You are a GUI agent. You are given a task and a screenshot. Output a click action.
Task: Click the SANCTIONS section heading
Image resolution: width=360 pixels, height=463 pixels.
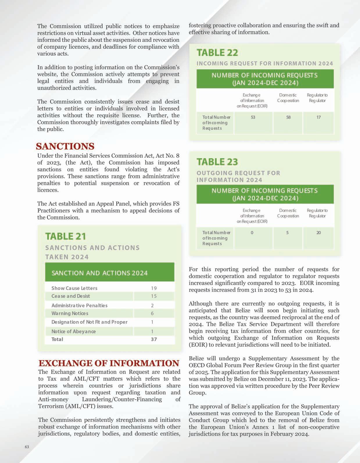pyautogui.click(x=65, y=146)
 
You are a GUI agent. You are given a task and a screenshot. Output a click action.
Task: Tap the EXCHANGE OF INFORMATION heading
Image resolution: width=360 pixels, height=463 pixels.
pyautogui.click(x=109, y=363)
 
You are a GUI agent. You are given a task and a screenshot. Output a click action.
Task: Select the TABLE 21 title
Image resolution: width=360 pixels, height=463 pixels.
pyautogui.click(x=66, y=236)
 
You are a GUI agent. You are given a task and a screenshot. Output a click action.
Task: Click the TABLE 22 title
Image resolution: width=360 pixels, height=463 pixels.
pyautogui.click(x=217, y=53)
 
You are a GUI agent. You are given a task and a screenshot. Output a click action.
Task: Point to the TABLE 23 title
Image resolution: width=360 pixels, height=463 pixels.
pyautogui.click(x=217, y=162)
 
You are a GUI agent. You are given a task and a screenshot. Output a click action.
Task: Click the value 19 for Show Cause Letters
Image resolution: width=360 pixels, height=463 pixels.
pyautogui.click(x=154, y=288)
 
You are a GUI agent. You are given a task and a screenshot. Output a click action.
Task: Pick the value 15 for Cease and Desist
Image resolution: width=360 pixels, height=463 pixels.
pyautogui.click(x=154, y=296)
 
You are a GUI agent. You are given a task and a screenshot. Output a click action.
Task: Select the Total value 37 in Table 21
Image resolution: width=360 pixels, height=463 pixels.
pyautogui.click(x=154, y=339)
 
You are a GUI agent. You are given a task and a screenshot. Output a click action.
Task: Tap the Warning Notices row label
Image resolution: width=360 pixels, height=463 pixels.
pyautogui.click(x=70, y=314)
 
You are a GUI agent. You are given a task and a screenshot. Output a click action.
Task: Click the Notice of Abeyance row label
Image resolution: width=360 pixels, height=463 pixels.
pyautogui.click(x=74, y=332)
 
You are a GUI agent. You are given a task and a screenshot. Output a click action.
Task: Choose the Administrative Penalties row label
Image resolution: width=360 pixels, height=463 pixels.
pyautogui.click(x=79, y=306)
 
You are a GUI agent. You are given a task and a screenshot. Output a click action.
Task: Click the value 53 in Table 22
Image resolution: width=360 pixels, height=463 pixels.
pyautogui.click(x=253, y=117)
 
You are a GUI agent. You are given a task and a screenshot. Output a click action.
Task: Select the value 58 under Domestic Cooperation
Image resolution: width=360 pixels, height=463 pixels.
pyautogui.click(x=288, y=117)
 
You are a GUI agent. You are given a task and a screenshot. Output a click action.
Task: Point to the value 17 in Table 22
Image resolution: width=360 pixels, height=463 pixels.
pyautogui.click(x=318, y=117)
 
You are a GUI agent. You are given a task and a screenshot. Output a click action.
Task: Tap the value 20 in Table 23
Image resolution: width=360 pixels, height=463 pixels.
pyautogui.click(x=318, y=233)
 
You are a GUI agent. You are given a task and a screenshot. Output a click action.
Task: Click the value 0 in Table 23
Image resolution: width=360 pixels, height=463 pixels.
pyautogui.click(x=252, y=233)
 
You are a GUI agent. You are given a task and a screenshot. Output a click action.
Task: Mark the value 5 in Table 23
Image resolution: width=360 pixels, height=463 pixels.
pyautogui.click(x=287, y=233)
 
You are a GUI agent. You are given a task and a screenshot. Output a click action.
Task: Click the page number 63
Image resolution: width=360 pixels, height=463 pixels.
pyautogui.click(x=27, y=447)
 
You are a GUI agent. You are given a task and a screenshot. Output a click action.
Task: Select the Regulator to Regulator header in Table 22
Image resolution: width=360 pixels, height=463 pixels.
pyautogui.click(x=317, y=98)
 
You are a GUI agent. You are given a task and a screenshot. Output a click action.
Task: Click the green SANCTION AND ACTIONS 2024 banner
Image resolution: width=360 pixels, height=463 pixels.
pyautogui.click(x=110, y=273)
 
